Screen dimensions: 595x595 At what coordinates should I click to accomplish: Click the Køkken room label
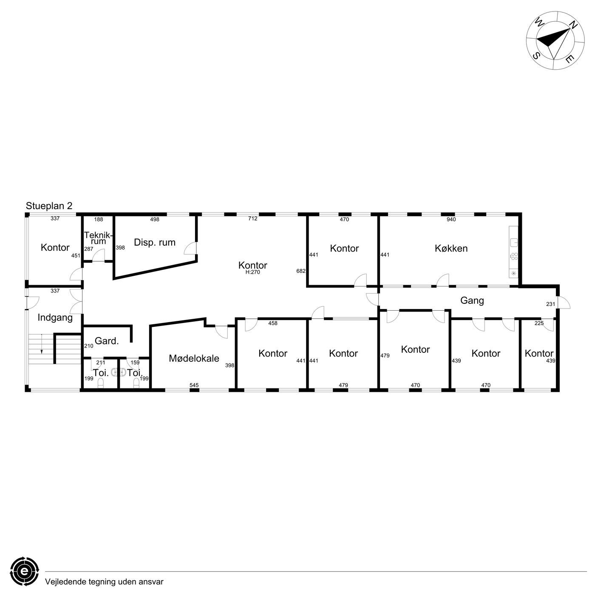point(451,249)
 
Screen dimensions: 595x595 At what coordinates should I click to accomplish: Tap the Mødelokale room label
point(194,358)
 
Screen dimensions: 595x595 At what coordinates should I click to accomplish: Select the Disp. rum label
point(155,243)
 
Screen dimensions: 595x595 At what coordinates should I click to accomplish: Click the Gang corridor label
point(472,301)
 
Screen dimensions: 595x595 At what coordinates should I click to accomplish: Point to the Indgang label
point(55,318)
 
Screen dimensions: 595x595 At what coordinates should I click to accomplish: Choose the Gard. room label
point(107,341)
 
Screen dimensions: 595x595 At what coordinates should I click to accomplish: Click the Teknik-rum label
point(99,238)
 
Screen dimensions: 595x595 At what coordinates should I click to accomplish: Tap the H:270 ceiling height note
point(252,272)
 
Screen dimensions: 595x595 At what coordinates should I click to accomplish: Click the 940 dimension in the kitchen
point(451,220)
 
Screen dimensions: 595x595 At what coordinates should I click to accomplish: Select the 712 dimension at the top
point(252,218)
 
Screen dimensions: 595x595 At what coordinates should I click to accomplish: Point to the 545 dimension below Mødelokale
point(194,385)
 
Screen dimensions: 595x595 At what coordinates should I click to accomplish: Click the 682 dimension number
point(301,271)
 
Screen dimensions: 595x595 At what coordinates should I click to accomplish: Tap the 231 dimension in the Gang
point(550,304)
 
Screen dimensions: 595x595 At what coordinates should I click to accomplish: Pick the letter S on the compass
point(536,56)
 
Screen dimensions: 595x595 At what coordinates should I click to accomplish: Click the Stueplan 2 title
point(49,206)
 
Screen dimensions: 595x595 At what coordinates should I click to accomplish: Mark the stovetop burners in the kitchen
point(514,256)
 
